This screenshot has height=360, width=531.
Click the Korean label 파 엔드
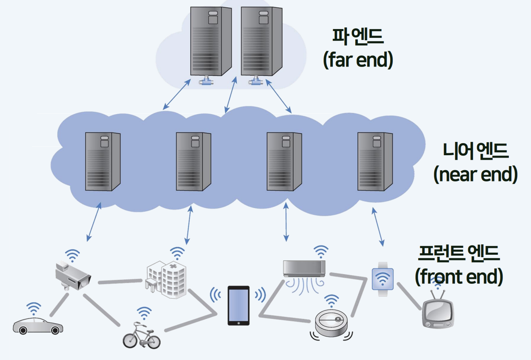pyautogui.click(x=358, y=36)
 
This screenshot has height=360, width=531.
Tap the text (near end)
pyautogui.click(x=475, y=175)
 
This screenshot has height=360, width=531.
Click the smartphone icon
pyautogui.click(x=239, y=305)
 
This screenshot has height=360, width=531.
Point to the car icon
pyautogui.click(x=37, y=326)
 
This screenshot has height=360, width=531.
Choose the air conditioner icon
pyautogui.click(x=304, y=268)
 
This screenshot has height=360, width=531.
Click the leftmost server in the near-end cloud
pyautogui.click(x=103, y=162)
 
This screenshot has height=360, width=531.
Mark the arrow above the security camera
pyautogui.click(x=93, y=223)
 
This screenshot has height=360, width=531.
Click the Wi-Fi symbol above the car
pyautogui.click(x=34, y=308)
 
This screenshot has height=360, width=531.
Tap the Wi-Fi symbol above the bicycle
pyautogui.click(x=143, y=313)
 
